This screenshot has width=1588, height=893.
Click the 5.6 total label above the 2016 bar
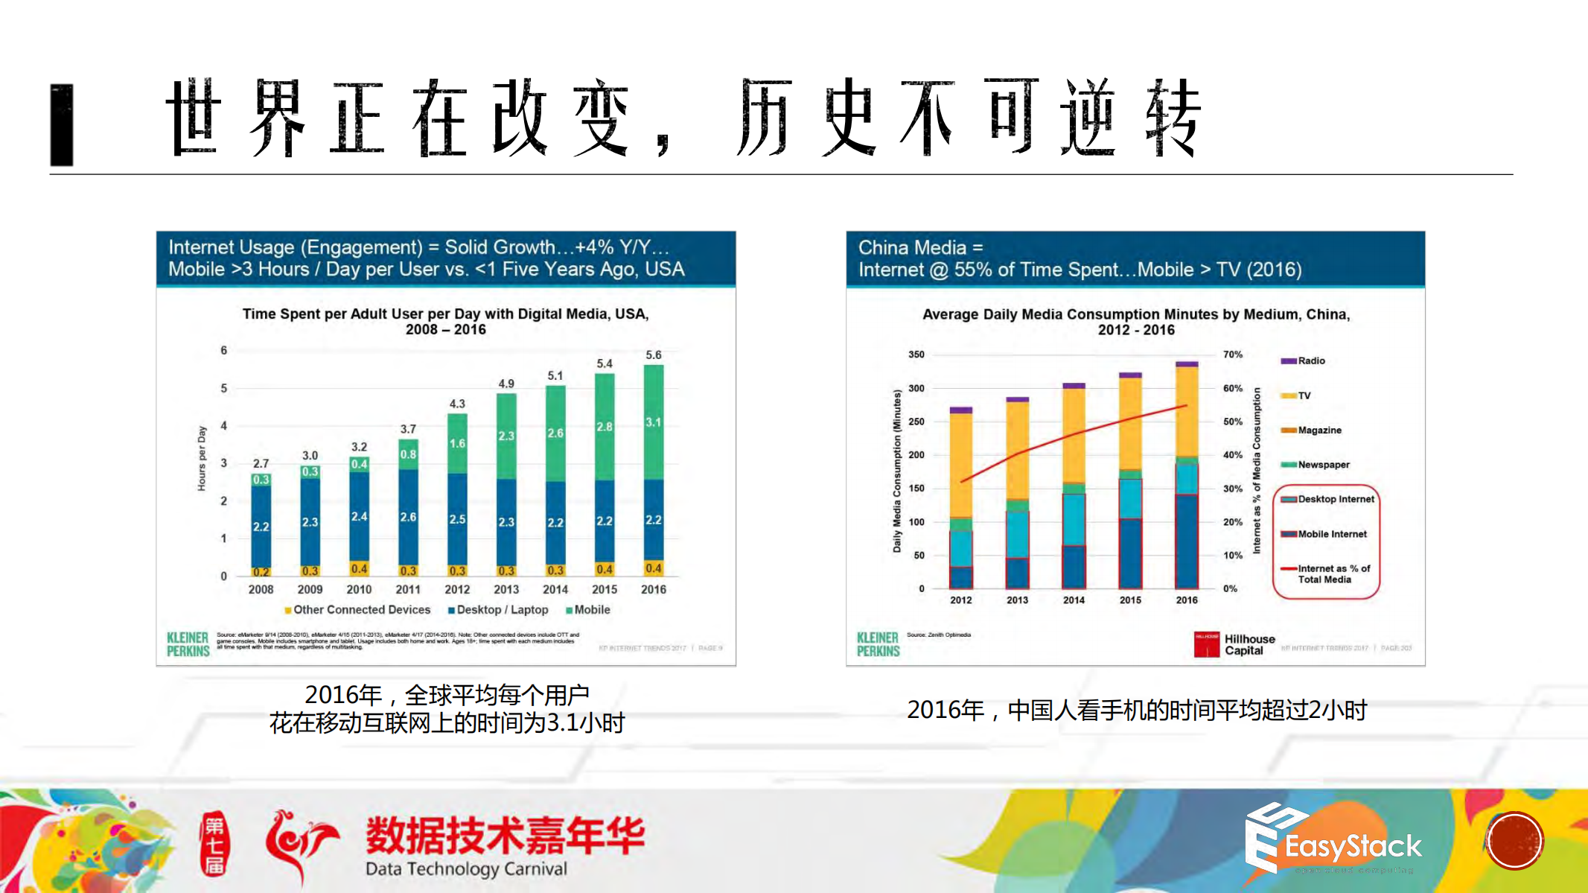(x=653, y=355)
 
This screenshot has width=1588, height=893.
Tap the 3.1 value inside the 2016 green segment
(x=653, y=422)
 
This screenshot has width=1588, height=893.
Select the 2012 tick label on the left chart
(x=457, y=589)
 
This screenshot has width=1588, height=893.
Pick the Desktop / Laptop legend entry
(x=498, y=610)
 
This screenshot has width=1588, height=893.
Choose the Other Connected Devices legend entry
(x=358, y=610)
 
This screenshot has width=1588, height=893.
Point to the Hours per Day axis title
(x=202, y=459)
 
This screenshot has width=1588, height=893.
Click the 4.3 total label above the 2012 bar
(x=457, y=404)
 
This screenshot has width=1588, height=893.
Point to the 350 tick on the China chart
(x=916, y=355)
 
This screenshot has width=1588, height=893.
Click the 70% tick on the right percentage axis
(x=1232, y=355)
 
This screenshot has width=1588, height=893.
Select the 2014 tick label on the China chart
(x=1074, y=600)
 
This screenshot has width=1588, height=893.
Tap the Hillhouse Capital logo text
(x=1249, y=645)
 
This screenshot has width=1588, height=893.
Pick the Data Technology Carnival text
(x=466, y=869)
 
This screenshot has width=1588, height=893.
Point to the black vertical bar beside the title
(x=62, y=124)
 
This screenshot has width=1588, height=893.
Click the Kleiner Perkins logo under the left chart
(x=188, y=644)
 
